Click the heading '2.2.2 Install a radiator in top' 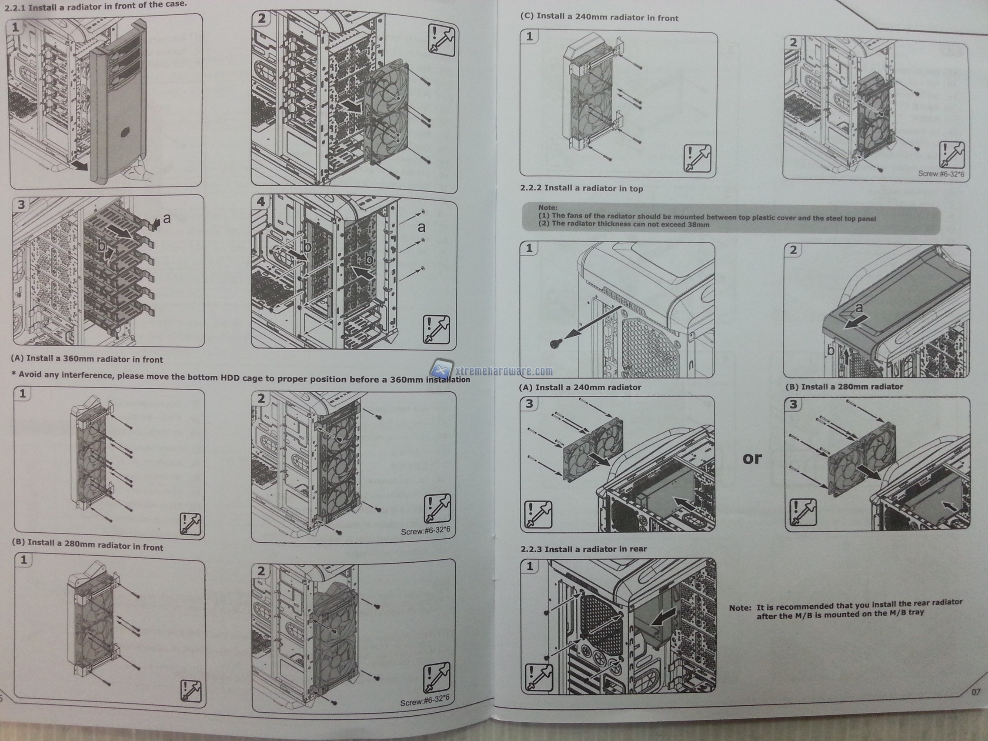[581, 188]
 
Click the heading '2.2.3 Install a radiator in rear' [583, 548]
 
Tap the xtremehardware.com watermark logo [492, 370]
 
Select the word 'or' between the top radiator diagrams [752, 458]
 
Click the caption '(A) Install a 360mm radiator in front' [87, 359]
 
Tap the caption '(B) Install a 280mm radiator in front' [87, 546]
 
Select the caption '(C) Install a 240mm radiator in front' [599, 17]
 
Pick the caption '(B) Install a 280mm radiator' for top [844, 386]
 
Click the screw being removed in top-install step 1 [555, 343]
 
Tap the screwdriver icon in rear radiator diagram [540, 678]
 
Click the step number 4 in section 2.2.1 [261, 201]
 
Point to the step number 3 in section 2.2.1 [21, 205]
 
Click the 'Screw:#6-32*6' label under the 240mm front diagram [941, 174]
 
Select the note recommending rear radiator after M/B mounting [845, 609]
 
